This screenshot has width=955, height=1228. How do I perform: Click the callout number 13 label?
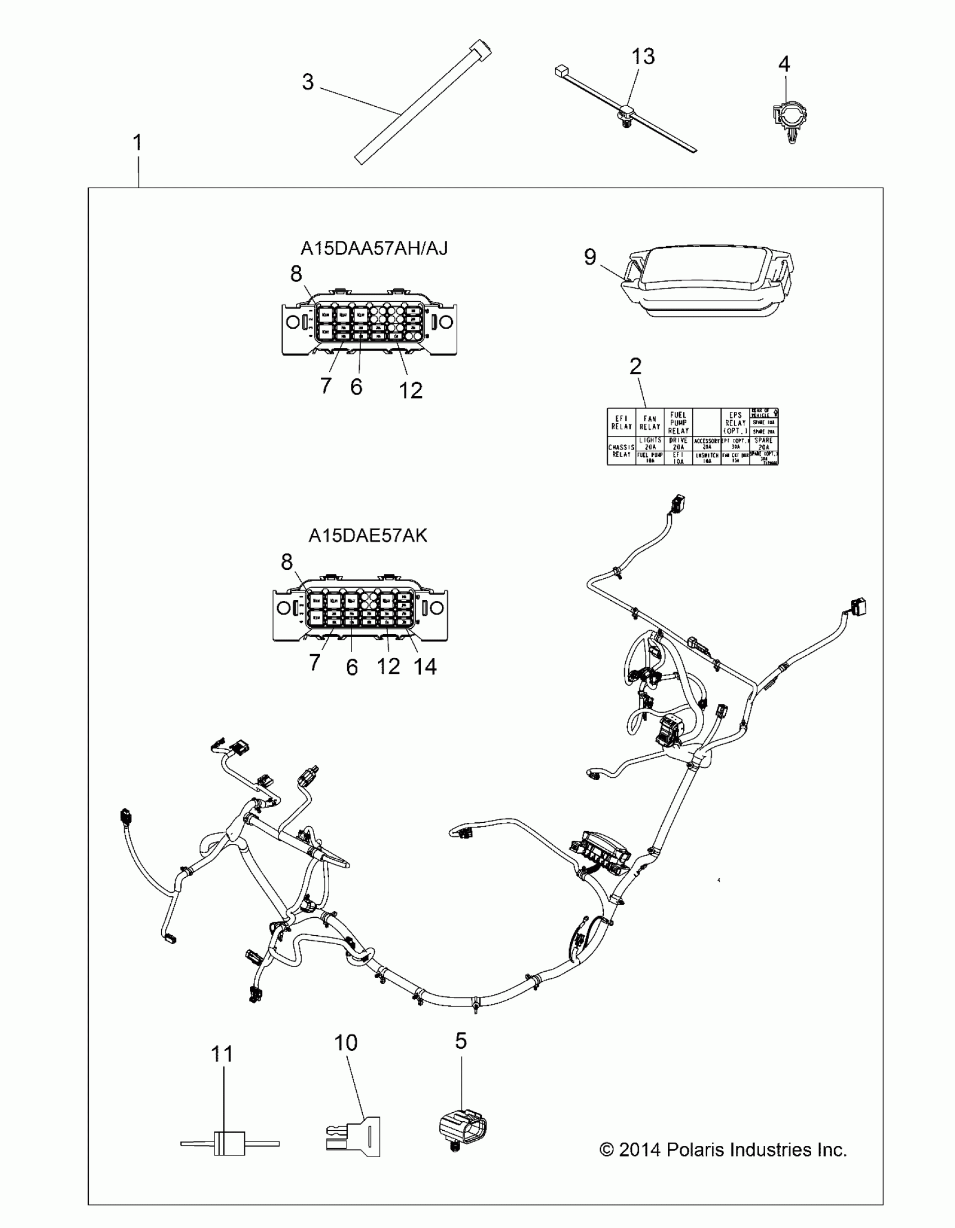(x=643, y=57)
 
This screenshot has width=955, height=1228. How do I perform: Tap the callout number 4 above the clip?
(x=784, y=64)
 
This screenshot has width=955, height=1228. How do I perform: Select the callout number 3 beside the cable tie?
(x=307, y=82)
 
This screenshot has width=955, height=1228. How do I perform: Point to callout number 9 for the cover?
(x=590, y=257)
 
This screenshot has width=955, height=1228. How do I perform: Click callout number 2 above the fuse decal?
(x=635, y=366)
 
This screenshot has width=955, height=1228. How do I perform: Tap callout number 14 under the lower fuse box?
(x=425, y=667)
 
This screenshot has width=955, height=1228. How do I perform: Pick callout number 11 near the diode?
(x=222, y=1054)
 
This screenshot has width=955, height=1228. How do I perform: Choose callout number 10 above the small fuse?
(x=345, y=1043)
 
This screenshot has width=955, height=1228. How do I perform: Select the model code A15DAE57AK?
(x=367, y=536)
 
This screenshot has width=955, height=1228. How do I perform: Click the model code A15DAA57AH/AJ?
(x=374, y=248)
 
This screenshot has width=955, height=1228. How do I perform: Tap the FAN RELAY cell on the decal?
(x=649, y=422)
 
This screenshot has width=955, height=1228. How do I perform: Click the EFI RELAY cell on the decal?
(x=621, y=422)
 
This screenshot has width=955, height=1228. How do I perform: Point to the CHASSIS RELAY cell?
(x=621, y=451)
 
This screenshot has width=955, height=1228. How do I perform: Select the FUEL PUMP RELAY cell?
(x=678, y=422)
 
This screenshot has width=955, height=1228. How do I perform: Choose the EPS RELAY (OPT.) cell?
(x=735, y=422)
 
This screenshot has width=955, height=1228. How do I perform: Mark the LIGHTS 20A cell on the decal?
(x=650, y=443)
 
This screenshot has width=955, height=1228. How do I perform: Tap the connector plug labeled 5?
(x=462, y=1130)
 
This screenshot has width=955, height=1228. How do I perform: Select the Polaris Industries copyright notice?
(x=723, y=1150)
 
